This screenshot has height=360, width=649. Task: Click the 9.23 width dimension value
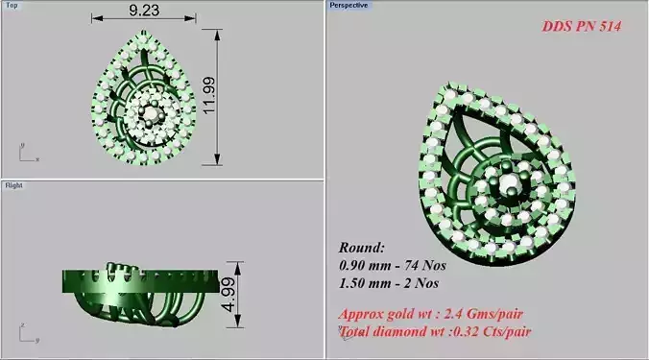143,12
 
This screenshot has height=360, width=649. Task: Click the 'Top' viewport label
12,5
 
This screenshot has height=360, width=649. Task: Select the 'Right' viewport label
13,184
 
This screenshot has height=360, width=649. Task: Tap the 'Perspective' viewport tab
349,5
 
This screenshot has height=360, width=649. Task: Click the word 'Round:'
361,246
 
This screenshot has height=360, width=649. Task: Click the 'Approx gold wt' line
431,314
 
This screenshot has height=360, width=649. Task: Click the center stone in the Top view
149,113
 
